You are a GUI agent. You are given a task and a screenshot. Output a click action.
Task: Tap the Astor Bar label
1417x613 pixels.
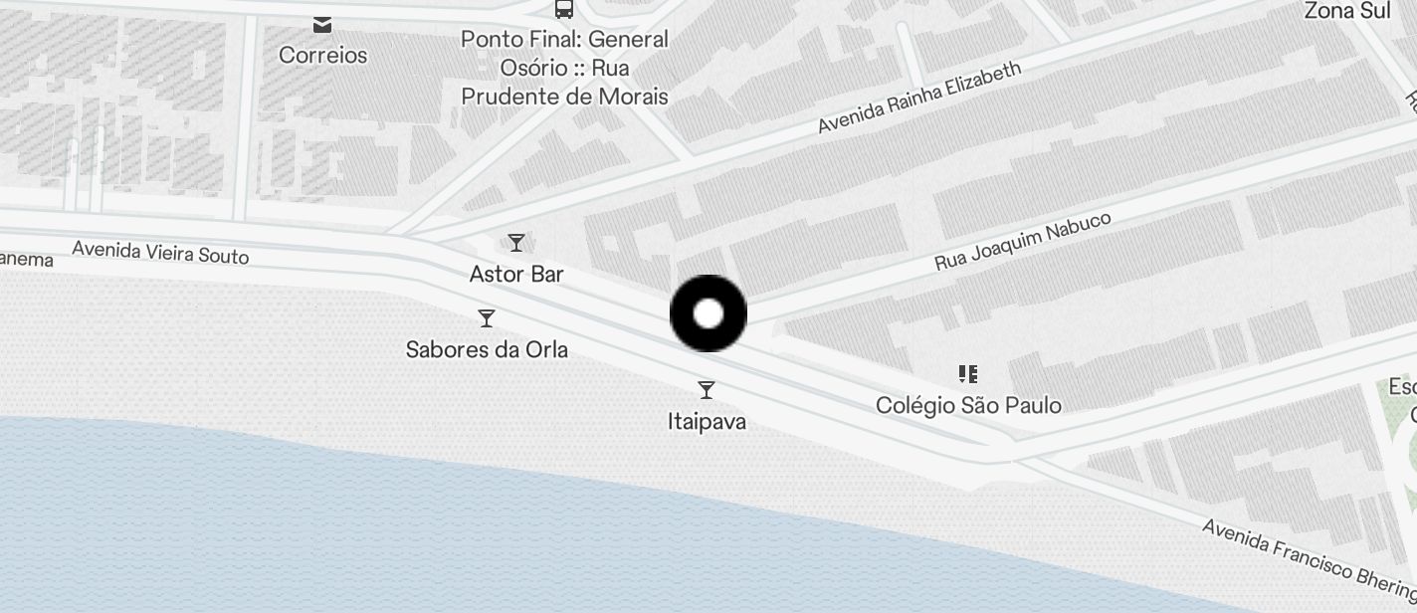click(x=516, y=274)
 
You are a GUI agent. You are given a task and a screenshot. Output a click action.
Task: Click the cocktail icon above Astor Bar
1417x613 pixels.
click(x=516, y=243)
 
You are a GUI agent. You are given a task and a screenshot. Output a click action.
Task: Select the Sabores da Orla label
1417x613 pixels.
click(x=487, y=349)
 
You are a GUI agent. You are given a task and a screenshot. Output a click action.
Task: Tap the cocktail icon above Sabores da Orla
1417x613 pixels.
click(x=487, y=318)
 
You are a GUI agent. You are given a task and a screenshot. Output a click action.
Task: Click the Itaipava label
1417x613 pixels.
click(x=707, y=421)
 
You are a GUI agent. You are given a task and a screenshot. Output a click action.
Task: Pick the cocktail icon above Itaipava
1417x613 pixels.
click(x=707, y=390)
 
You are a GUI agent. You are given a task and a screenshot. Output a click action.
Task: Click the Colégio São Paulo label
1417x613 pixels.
click(x=968, y=405)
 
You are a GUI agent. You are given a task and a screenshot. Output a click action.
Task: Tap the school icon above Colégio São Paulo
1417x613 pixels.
click(x=968, y=374)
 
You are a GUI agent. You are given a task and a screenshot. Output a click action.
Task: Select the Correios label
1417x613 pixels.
click(x=322, y=55)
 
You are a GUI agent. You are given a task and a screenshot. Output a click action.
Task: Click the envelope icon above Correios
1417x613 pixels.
click(x=322, y=24)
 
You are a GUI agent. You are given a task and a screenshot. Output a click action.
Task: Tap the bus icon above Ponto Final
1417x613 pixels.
click(x=564, y=9)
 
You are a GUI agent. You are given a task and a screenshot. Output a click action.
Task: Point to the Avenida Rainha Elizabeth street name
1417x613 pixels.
click(x=919, y=98)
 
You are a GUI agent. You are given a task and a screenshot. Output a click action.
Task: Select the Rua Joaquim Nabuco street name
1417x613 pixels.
click(x=1022, y=241)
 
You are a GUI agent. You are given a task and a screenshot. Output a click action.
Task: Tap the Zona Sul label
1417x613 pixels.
click(x=1347, y=11)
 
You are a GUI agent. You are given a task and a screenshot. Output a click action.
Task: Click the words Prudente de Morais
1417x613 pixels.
click(x=564, y=97)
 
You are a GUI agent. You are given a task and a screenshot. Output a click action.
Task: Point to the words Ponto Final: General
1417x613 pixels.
click(x=564, y=39)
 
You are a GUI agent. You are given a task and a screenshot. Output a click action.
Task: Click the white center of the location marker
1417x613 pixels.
click(x=708, y=314)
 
